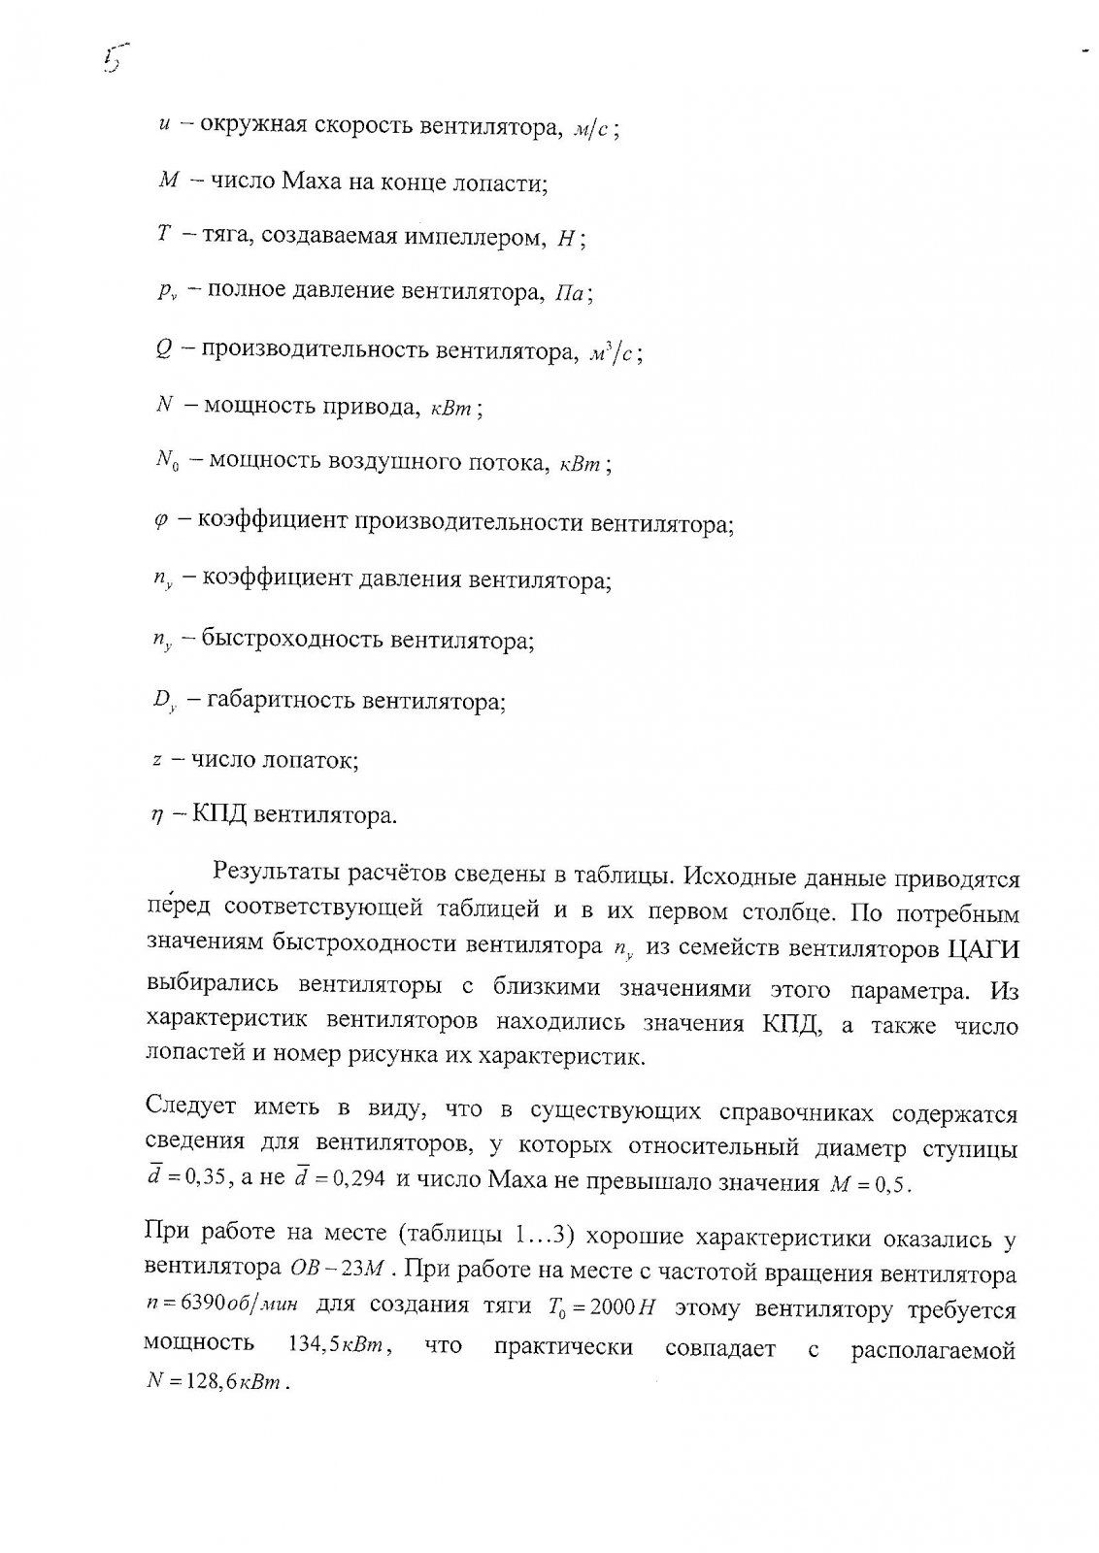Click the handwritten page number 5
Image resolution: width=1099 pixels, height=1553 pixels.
click(x=115, y=60)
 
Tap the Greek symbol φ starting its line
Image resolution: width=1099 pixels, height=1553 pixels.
click(x=161, y=521)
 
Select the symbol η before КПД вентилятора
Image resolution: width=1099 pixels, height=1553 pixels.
click(x=156, y=815)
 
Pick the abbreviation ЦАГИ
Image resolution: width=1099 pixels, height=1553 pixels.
click(x=984, y=946)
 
